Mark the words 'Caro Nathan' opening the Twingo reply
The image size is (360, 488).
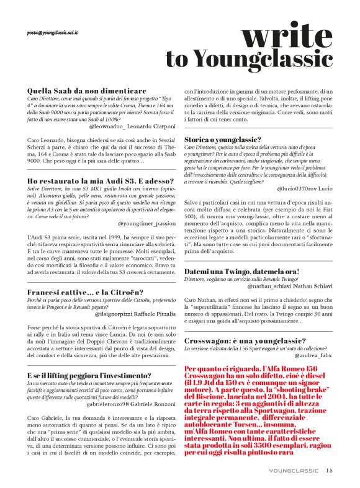coord(199,299)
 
